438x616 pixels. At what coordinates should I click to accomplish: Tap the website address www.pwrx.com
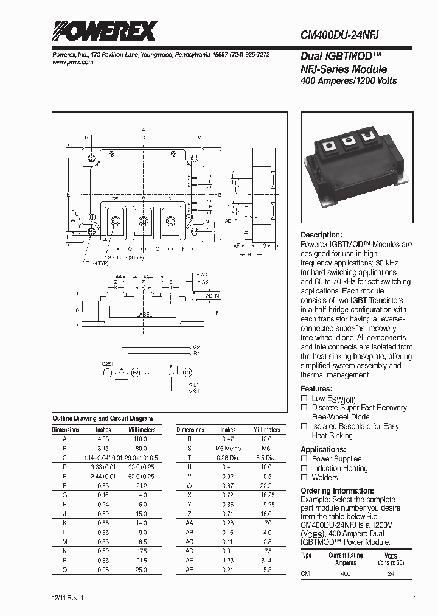click(72, 62)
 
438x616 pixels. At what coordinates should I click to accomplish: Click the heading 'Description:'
click(321, 235)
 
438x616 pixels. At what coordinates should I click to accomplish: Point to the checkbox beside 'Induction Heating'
click(304, 468)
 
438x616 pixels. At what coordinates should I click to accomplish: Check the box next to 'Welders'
click(304, 478)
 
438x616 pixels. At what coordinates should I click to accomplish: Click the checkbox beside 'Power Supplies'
click(304, 458)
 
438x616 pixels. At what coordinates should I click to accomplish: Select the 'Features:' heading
click(316, 388)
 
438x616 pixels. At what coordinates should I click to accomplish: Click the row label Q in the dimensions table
click(65, 569)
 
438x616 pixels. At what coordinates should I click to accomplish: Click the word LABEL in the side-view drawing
click(144, 315)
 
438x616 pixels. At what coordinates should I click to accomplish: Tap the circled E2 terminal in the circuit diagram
click(136, 371)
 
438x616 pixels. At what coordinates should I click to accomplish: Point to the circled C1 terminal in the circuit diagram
click(187, 371)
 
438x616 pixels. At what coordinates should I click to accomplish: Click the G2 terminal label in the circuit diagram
click(196, 347)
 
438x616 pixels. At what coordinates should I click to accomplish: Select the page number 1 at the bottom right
click(414, 598)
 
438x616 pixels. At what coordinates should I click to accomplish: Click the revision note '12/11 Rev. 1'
click(69, 598)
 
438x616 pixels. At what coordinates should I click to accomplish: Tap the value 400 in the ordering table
click(346, 574)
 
